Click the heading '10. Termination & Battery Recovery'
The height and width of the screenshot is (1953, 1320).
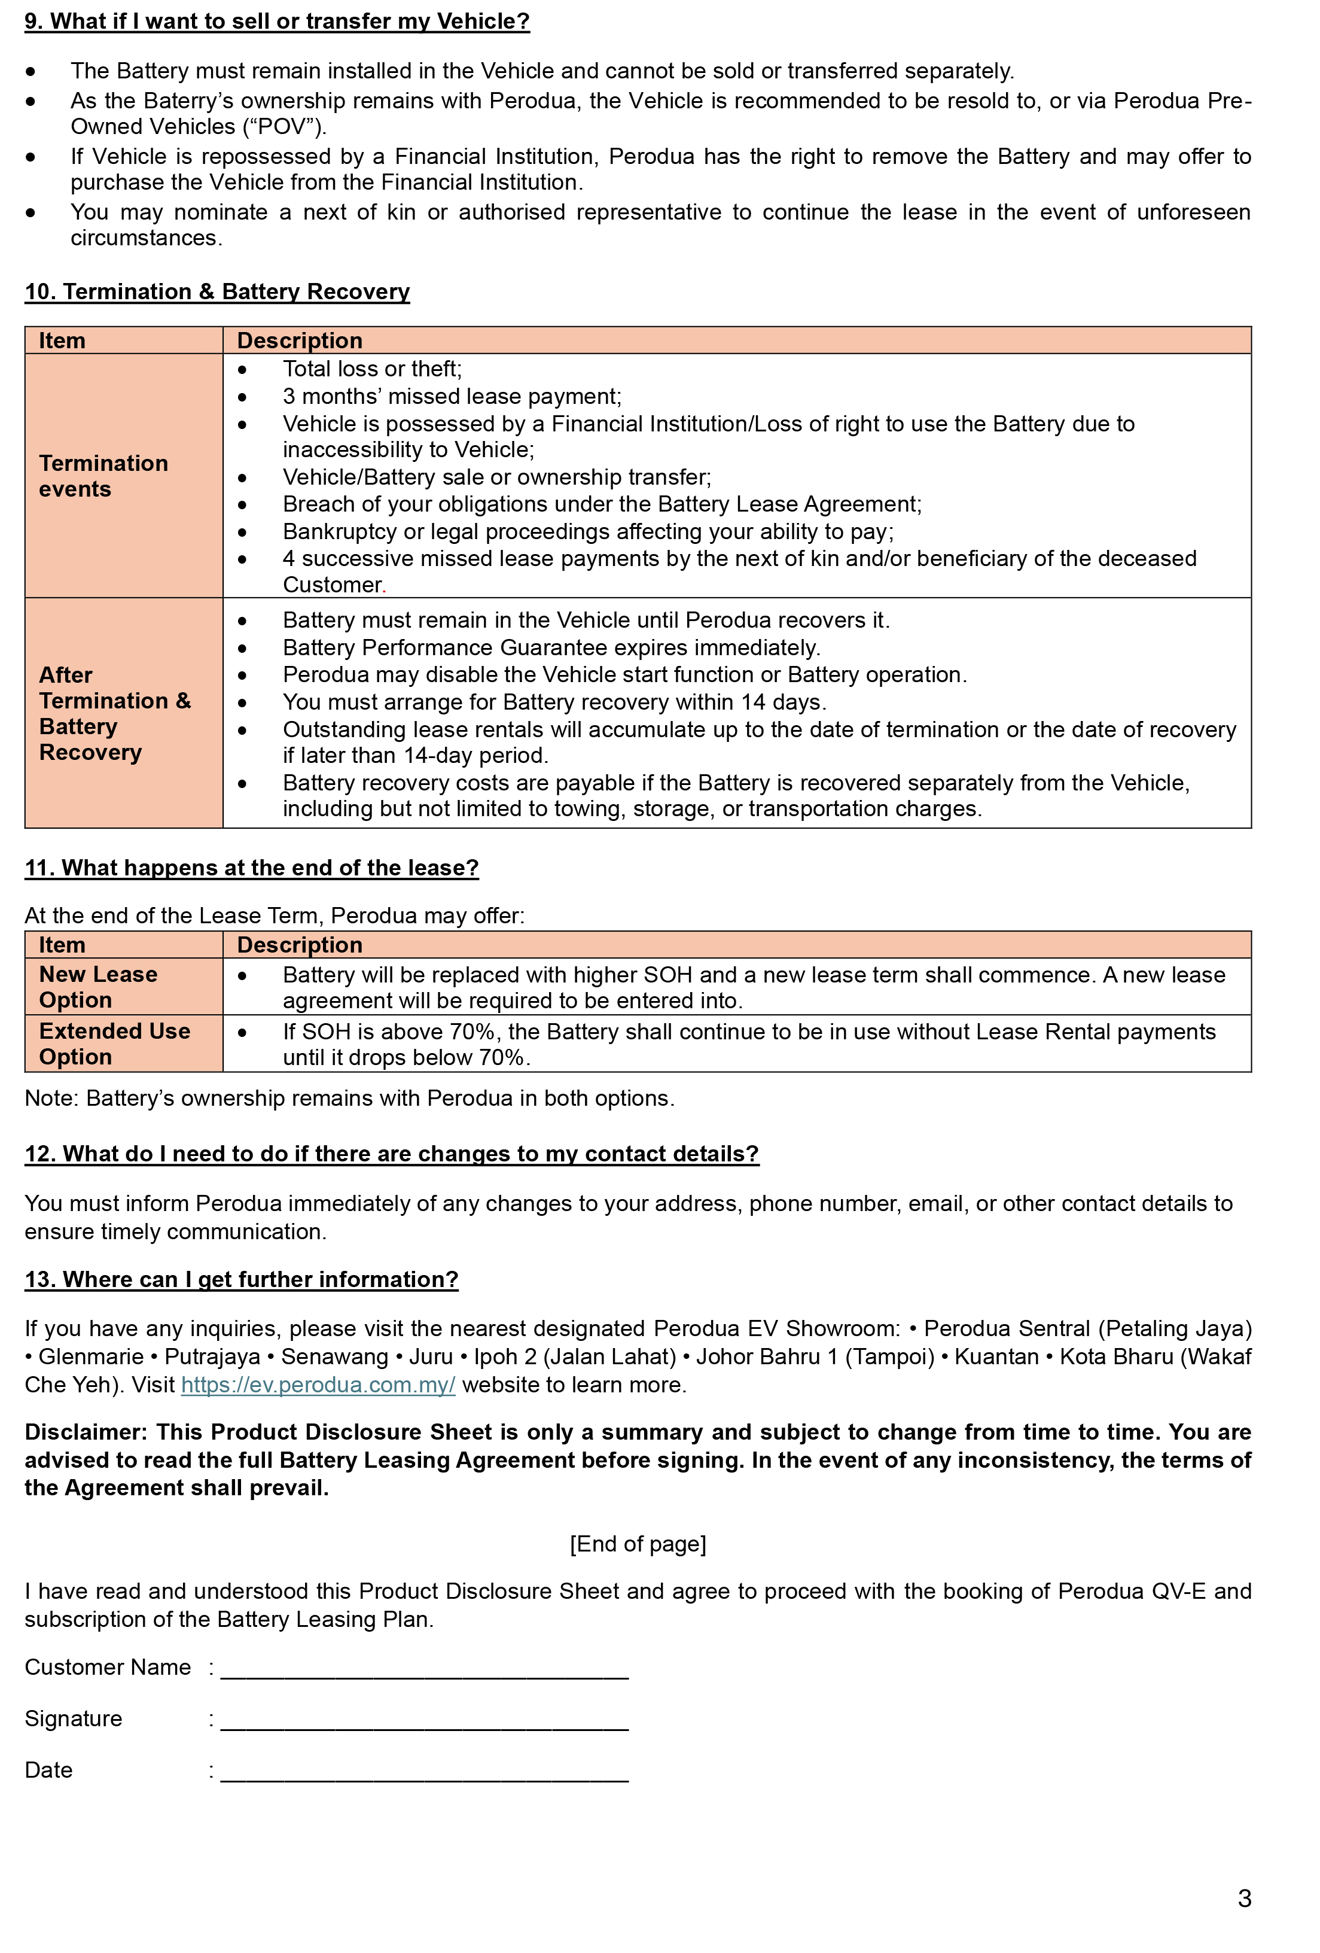click(217, 291)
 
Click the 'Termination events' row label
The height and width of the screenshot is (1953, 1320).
click(103, 476)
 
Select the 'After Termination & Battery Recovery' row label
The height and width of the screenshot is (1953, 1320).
click(115, 713)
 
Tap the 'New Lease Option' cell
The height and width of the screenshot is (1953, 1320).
click(98, 987)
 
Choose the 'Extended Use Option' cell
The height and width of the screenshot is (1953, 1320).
click(114, 1044)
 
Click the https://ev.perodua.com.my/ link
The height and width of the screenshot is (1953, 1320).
click(318, 1385)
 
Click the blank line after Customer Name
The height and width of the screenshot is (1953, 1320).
click(424, 1668)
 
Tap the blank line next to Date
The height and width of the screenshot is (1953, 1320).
click(424, 1771)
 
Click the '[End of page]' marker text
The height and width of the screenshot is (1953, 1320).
click(638, 1544)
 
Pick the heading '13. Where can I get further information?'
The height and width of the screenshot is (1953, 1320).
click(241, 1280)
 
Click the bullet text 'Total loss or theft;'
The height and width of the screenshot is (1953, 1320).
click(372, 369)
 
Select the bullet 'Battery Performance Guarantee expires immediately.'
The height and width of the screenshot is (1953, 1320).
click(551, 648)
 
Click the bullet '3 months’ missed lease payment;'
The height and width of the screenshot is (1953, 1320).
click(452, 397)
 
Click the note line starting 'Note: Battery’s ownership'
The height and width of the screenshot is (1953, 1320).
click(349, 1099)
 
